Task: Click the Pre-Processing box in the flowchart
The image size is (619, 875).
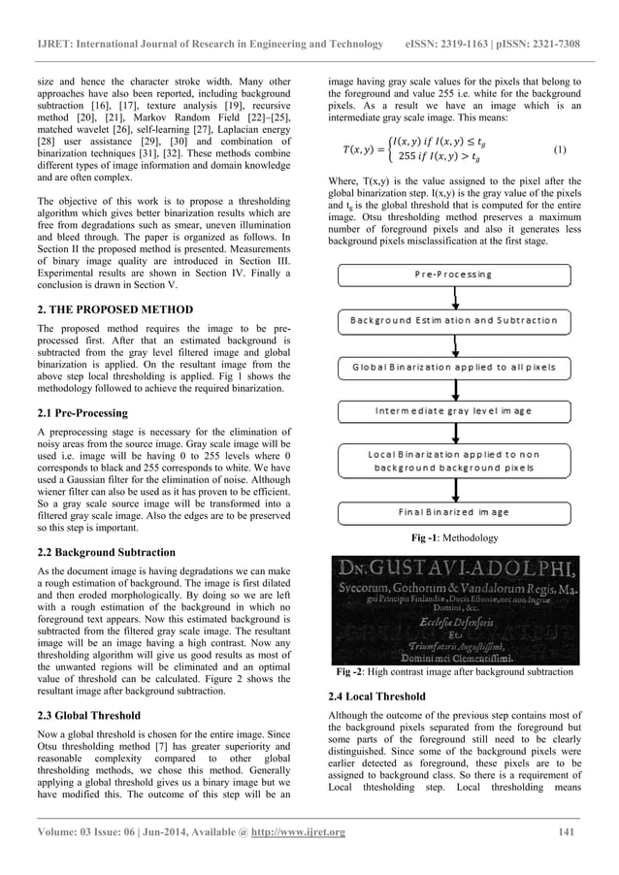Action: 453,275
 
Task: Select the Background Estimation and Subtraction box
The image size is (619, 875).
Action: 453,320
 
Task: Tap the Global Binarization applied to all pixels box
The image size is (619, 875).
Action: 453,366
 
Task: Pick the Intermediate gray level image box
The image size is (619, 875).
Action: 453,411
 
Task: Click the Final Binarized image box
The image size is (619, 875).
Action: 453,511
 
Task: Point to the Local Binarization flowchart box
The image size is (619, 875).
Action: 453,461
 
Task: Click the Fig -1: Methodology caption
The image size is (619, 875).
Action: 454,537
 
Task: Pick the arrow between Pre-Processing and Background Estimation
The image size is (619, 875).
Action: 453,297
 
